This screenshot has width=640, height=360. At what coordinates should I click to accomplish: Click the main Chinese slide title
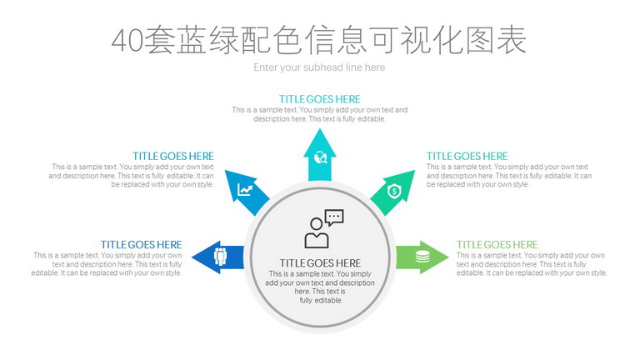[x=319, y=40]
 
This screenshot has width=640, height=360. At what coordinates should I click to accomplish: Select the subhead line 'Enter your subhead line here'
[x=319, y=67]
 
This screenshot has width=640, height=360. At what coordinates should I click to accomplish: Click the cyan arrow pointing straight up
[x=320, y=155]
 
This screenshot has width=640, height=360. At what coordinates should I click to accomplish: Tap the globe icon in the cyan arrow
[x=320, y=157]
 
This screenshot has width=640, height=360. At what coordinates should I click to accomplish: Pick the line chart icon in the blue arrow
[x=245, y=190]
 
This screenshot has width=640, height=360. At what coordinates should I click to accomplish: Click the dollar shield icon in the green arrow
[x=394, y=191]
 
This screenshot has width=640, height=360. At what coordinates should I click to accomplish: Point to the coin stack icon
[x=422, y=257]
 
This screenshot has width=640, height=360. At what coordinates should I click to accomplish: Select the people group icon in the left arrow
[x=220, y=257]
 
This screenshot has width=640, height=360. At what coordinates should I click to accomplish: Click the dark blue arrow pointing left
[x=217, y=257]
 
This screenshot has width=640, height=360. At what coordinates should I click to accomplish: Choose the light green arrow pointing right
[x=422, y=257]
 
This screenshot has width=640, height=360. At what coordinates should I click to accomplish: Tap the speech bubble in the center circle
[x=334, y=217]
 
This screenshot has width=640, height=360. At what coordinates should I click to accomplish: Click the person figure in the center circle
[x=317, y=233]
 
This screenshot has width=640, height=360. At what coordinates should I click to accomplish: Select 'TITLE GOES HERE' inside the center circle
[x=320, y=263]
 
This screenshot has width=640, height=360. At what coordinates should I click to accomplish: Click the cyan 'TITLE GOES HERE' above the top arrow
[x=320, y=99]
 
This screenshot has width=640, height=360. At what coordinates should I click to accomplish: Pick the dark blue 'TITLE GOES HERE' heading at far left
[x=141, y=244]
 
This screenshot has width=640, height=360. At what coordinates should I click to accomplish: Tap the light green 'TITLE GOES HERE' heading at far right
[x=497, y=244]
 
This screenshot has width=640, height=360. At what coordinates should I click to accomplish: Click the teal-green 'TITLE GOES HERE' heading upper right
[x=467, y=156]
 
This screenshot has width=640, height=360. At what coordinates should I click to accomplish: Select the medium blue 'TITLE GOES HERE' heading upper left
[x=173, y=156]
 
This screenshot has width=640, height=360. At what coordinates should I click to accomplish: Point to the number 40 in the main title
[x=127, y=41]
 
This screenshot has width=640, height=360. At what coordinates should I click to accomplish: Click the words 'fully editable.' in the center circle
[x=321, y=300]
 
